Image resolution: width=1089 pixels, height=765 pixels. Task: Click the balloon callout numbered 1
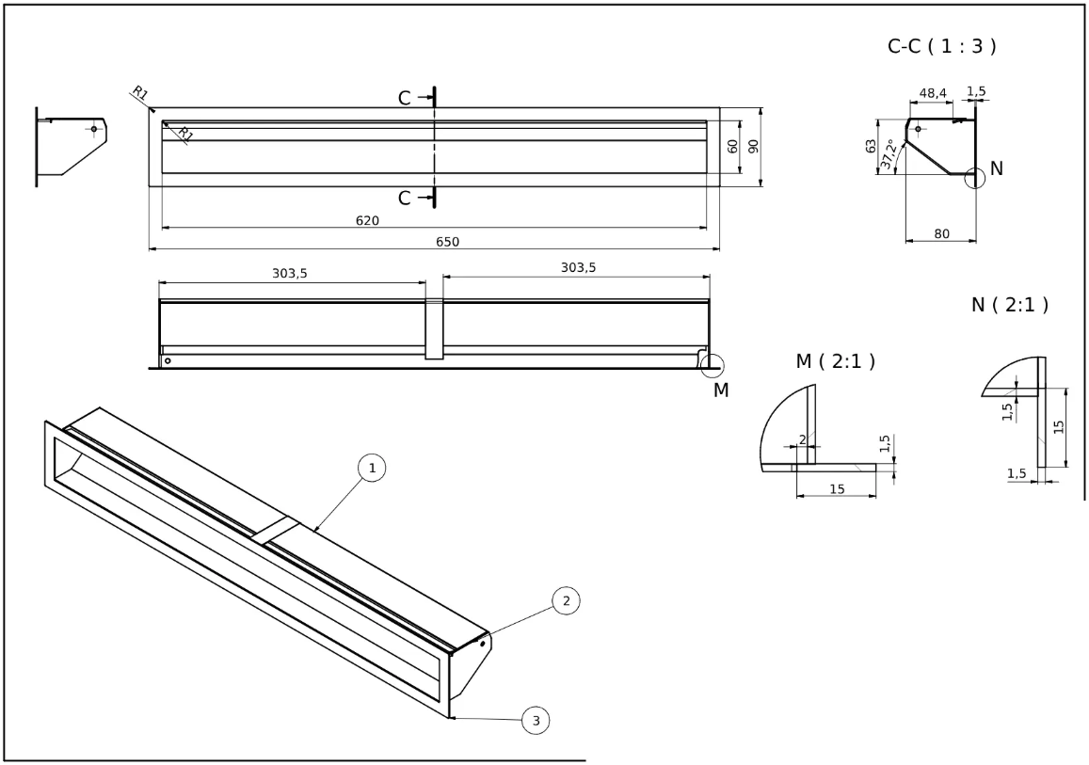pos(373,468)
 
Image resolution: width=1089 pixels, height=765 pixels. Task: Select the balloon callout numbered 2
pos(565,599)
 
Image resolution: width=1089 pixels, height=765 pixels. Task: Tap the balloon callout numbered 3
pos(536,721)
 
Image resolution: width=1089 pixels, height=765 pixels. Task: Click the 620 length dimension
pos(367,220)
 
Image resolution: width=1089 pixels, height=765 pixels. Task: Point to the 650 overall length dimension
pos(447,242)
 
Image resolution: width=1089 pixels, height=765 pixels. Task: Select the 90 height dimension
pos(753,147)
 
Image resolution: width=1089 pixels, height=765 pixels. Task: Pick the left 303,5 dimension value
pos(290,273)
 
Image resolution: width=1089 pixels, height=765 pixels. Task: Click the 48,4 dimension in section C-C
pos(933,93)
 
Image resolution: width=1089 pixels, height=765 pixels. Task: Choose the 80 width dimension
pos(941,233)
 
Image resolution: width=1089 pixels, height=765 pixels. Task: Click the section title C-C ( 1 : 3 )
pos(942,46)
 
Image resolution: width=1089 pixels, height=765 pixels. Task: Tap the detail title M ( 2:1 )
pos(836,361)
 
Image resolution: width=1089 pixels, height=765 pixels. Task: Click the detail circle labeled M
pos(712,364)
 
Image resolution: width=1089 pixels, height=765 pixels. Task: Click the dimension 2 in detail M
pos(801,439)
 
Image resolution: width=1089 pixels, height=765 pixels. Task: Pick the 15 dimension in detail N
pos(1059,426)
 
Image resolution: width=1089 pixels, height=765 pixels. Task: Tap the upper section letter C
pos(404,98)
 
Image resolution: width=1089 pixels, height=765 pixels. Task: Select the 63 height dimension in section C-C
pos(872,146)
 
